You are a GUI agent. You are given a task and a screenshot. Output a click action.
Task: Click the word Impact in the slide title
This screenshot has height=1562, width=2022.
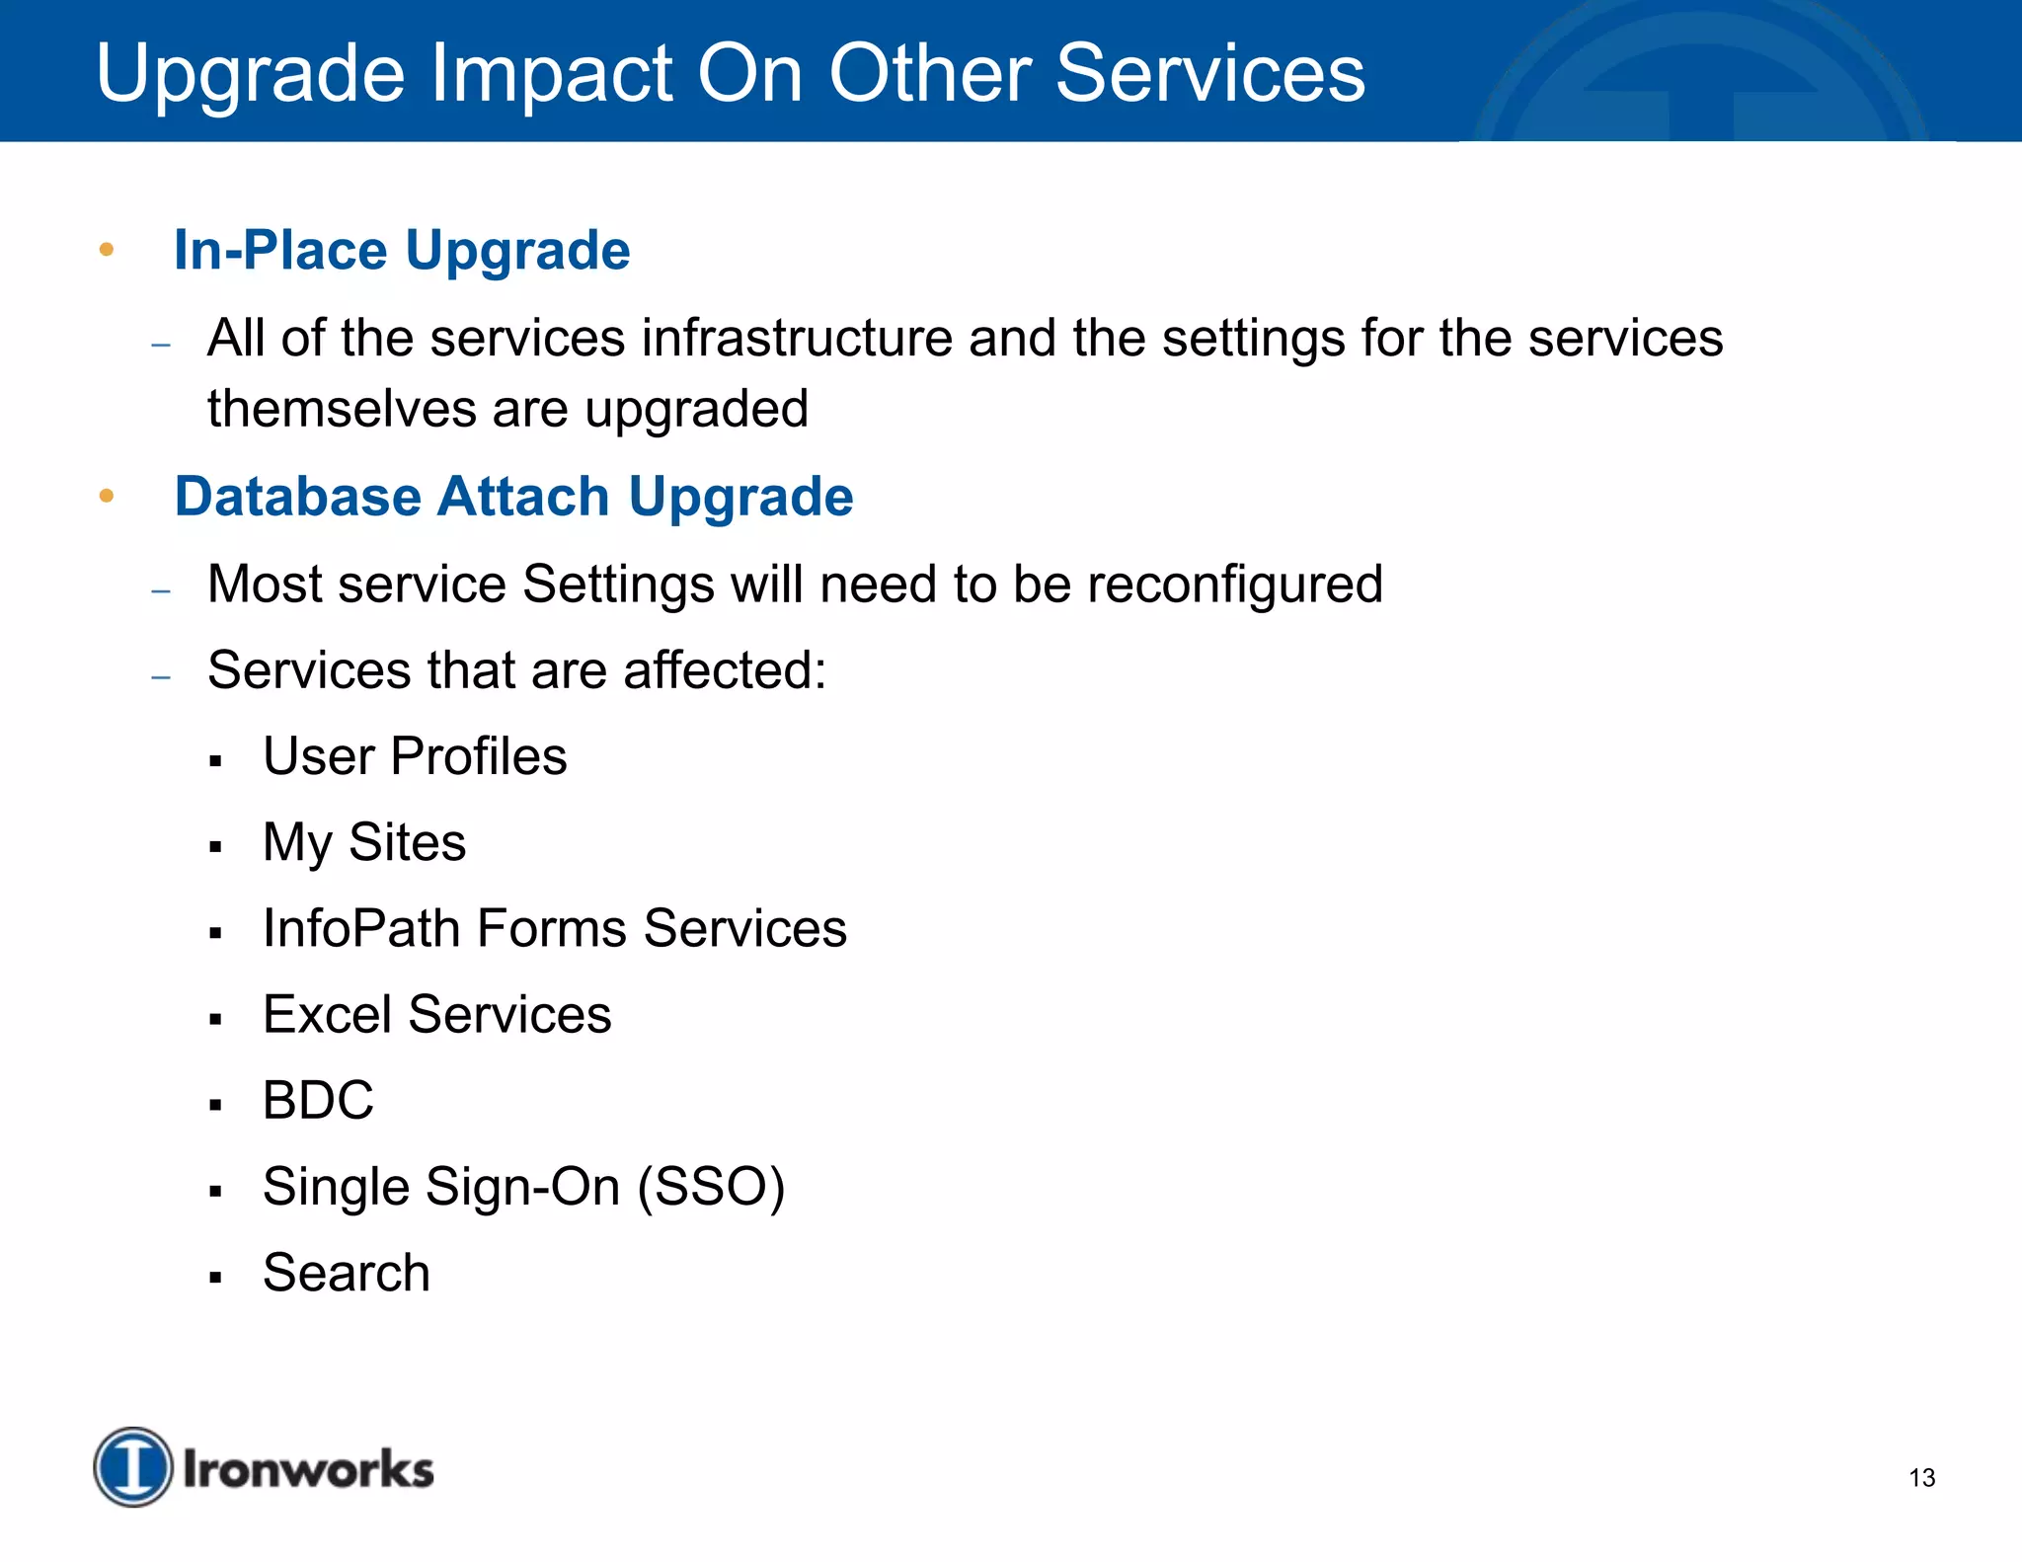coord(550,75)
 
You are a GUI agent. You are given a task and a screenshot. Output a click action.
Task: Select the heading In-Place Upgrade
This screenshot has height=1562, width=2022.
coord(402,250)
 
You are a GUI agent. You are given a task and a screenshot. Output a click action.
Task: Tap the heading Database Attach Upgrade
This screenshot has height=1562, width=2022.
coord(513,496)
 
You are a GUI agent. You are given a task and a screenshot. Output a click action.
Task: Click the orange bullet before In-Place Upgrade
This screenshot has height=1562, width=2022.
coord(107,250)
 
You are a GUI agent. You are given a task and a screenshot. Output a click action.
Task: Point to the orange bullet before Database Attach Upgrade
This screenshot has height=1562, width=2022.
coord(107,496)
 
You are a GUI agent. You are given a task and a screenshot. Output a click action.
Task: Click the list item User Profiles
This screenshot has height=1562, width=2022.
coord(415,757)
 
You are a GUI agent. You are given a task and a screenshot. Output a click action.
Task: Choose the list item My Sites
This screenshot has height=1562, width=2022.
coord(364,843)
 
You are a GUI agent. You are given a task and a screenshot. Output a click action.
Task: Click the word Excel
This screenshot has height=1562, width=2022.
coord(328,1015)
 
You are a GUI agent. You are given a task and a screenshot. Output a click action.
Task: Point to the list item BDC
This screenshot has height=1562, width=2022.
coord(318,1101)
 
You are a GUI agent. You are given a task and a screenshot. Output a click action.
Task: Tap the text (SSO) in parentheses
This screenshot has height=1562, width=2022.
coord(711,1187)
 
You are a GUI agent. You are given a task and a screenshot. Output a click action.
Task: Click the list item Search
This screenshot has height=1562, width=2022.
coord(347,1273)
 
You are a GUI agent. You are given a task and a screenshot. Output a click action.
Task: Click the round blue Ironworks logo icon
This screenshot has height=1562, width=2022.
coord(133,1467)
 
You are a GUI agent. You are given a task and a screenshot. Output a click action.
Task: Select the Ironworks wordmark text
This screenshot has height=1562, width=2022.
coord(308,1469)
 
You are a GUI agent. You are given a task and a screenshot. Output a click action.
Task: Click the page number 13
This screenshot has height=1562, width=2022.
coord(1921,1478)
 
